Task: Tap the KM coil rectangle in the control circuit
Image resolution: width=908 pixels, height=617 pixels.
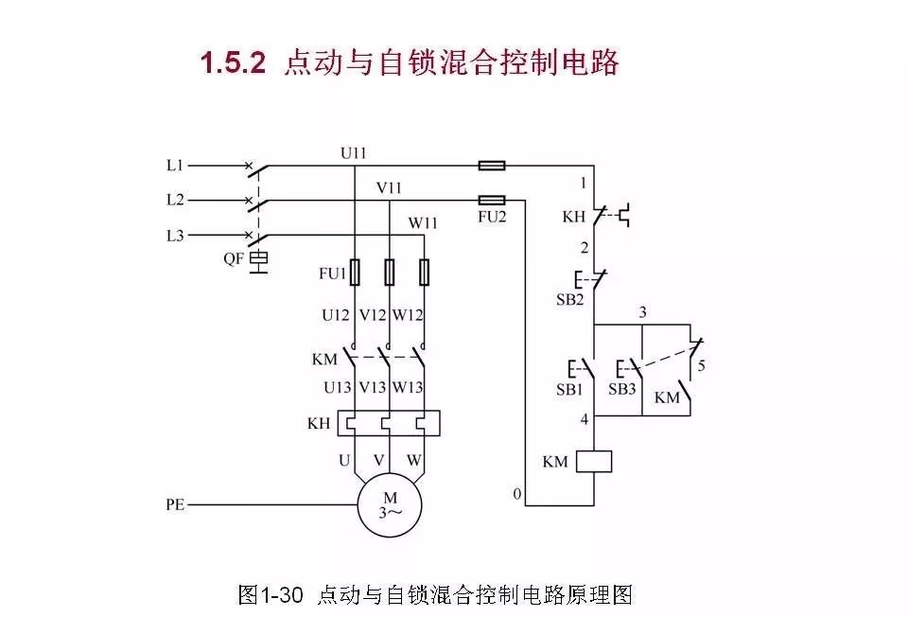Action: [593, 462]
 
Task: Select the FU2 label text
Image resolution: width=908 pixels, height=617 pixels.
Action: [493, 217]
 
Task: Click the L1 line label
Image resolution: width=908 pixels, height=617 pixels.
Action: [174, 166]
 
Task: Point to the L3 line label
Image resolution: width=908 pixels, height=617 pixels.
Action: [174, 235]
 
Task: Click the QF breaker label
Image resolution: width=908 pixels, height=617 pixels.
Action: [234, 257]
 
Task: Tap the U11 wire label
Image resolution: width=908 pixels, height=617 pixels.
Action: [354, 151]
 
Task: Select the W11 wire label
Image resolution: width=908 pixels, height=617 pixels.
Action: [423, 223]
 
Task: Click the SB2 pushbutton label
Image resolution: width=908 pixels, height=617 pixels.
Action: [569, 300]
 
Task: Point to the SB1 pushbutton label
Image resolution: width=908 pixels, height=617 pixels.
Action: [568, 389]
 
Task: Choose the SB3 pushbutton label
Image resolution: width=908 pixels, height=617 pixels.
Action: [621, 389]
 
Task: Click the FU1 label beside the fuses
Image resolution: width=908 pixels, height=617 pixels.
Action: [333, 274]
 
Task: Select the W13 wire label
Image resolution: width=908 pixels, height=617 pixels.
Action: [408, 387]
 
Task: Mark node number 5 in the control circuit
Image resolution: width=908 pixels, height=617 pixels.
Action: [700, 363]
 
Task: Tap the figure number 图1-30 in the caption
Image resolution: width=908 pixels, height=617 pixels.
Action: [271, 595]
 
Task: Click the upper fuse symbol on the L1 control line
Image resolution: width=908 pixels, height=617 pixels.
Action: [492, 166]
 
